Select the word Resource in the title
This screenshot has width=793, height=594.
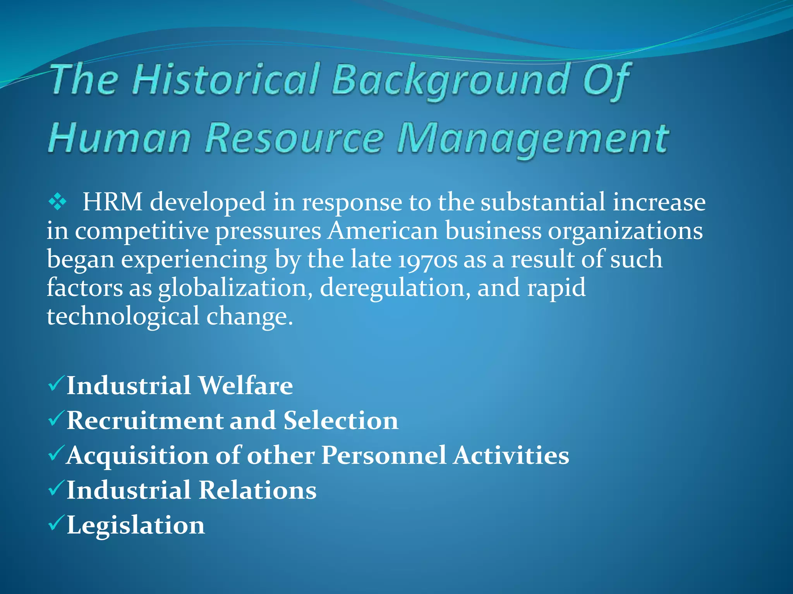(x=294, y=138)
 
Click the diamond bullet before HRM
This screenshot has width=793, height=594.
(x=58, y=202)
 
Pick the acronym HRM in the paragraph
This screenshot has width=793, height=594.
(x=112, y=202)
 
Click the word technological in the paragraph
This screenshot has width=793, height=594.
(x=123, y=316)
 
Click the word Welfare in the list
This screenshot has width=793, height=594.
(x=245, y=386)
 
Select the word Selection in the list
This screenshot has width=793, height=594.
(x=341, y=420)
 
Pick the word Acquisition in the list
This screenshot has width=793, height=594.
(x=137, y=456)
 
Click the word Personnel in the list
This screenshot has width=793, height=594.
(x=384, y=455)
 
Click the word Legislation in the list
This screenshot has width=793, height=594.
(x=136, y=526)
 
